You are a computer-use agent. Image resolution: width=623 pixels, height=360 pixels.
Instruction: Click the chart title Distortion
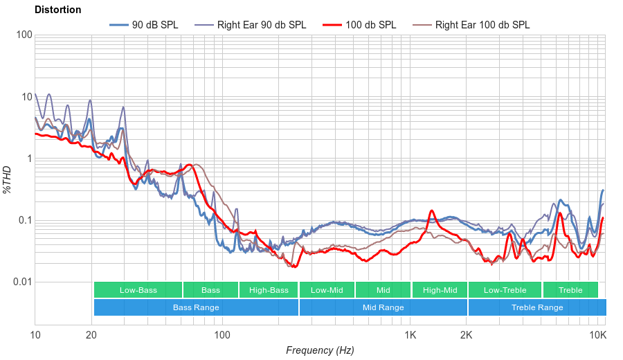57,10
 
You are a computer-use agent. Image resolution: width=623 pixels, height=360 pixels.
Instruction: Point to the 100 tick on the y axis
24,35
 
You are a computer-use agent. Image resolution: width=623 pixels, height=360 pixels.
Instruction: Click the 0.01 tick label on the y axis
21,282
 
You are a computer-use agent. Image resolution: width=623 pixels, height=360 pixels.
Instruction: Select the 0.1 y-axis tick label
24,221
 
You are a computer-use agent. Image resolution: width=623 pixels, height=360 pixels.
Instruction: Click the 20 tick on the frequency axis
91,335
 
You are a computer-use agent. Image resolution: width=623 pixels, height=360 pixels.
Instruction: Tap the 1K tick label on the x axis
410,335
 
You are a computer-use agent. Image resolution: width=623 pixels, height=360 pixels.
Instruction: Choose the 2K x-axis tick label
467,335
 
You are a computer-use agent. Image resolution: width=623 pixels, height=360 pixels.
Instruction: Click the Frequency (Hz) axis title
320,350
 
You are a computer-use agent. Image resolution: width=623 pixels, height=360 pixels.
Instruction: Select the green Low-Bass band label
138,290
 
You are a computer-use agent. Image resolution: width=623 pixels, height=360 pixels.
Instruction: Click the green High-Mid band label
440,290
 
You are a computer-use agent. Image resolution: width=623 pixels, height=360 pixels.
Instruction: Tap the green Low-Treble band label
505,290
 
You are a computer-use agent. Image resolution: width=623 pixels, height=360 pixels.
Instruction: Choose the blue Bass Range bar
196,307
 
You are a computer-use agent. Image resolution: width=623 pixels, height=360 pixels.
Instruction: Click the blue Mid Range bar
383,307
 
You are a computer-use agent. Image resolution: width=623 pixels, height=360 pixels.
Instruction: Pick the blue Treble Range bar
536,307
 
